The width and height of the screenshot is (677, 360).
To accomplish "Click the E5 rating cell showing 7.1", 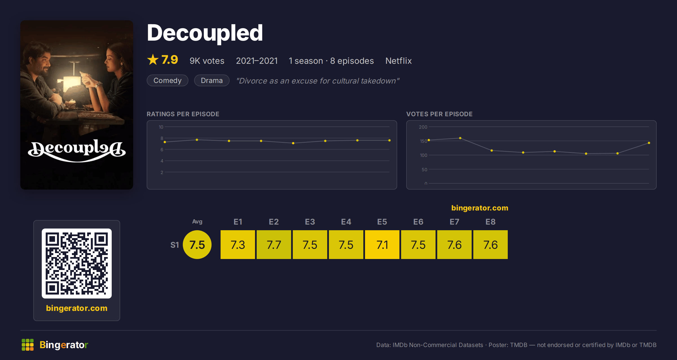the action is pos(382,245).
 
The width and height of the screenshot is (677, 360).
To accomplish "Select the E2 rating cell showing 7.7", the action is pos(274,245).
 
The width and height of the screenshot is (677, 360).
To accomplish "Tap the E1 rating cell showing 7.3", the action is pos(238,245).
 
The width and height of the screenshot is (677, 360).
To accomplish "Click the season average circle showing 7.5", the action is pos(197,245).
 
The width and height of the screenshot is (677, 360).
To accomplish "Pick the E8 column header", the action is pos(491,222).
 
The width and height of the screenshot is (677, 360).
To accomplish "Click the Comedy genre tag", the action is pos(168,80).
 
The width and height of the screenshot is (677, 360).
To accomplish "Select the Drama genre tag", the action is pos(212,80).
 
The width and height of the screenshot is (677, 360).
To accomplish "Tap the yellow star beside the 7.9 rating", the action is pos(153,60).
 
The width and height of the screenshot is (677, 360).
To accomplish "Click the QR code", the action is pos(77,264).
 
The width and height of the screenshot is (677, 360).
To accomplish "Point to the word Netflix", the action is pos(399,61).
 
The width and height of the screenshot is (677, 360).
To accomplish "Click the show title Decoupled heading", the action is pos(205,33).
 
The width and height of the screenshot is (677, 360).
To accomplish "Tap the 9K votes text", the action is pos(207,61).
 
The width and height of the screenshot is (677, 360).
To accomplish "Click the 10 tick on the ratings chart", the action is pos(161,127).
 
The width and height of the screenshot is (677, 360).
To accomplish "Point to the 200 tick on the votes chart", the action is pos(423,127).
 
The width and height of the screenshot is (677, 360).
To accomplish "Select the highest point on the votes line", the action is pos(460,138).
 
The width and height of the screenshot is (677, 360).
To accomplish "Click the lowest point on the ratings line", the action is pos(293,143).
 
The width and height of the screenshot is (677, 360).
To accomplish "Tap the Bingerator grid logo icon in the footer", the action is pos(28,345).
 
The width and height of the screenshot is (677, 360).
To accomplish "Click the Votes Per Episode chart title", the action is pos(439,114).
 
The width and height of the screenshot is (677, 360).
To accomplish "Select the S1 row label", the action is pos(175,245).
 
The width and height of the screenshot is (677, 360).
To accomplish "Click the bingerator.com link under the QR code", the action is pos(77,308).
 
